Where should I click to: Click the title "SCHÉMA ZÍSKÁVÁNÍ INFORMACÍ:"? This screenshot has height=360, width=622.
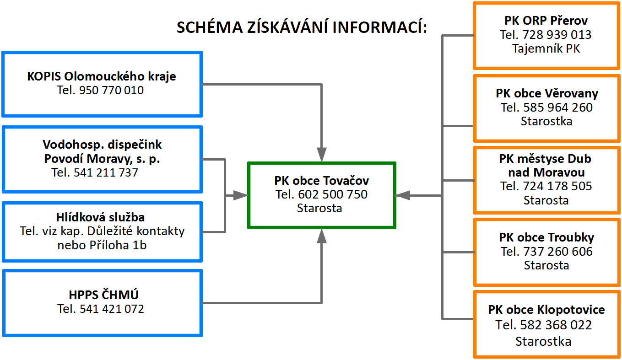coord(302,27)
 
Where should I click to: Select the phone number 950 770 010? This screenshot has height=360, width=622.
coord(111,90)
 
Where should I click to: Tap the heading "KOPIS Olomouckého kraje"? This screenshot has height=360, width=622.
coord(102,76)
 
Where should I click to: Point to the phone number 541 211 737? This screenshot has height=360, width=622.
coord(106,172)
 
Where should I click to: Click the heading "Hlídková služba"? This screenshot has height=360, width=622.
coord(100,217)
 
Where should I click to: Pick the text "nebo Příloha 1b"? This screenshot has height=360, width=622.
coord(102,245)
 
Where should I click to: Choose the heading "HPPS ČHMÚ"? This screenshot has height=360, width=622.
coord(103,295)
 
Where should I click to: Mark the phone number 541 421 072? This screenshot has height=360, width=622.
coord(112,309)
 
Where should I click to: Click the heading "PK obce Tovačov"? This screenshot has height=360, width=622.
coord(322,181)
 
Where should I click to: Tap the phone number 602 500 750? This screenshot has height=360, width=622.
coord(333,194)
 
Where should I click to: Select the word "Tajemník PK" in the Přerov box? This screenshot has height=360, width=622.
coord(546,48)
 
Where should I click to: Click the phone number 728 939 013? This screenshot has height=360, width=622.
coord(557,35)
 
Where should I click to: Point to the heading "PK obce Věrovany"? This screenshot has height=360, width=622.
coord(547,93)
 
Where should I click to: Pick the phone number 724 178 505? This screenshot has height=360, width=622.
coord(557,186)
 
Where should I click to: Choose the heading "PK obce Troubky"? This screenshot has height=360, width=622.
coord(546,237)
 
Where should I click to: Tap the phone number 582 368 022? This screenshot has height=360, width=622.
coord(556,325)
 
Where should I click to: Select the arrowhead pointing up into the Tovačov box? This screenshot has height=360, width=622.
coord(322,236)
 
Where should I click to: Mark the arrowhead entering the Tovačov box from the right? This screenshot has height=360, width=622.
coord(402,195)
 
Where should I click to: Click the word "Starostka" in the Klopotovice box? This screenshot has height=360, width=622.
coord(543,341)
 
